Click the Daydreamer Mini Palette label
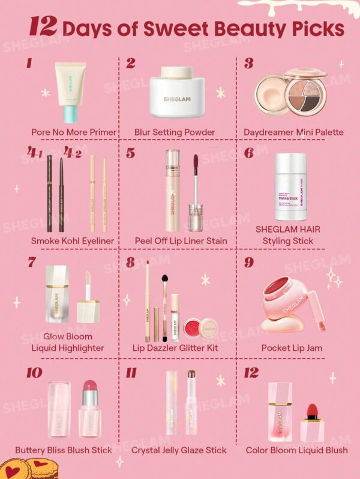(293, 132)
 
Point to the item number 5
(130, 153)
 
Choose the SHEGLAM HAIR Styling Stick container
(290, 186)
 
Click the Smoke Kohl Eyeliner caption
(73, 241)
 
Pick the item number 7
(32, 262)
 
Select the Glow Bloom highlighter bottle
(56, 294)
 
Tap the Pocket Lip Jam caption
(292, 348)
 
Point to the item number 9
(249, 263)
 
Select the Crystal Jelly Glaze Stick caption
(179, 450)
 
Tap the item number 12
(251, 373)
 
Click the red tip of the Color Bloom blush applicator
(311, 412)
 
